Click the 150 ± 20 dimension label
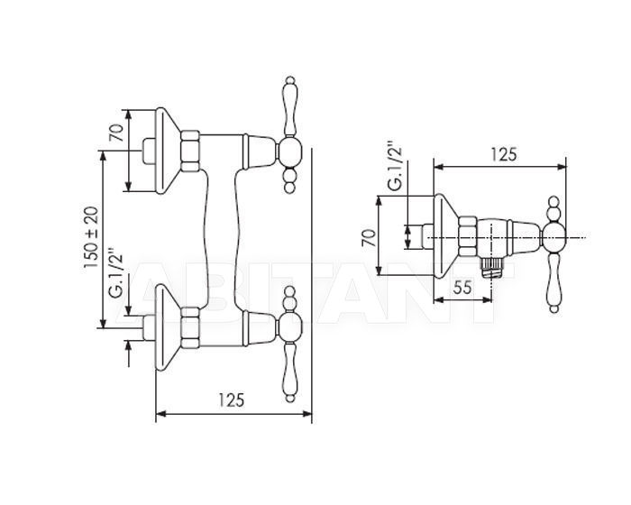click(91, 237)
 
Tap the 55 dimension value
click(462, 288)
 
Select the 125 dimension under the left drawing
click(232, 399)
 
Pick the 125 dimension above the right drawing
click(503, 154)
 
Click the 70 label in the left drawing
click(116, 133)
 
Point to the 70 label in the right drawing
click(369, 237)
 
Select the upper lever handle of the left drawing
click(289, 106)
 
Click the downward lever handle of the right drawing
click(554, 282)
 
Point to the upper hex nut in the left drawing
click(190, 151)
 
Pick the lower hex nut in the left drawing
click(190, 327)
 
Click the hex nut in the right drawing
click(468, 236)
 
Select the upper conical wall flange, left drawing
click(166, 151)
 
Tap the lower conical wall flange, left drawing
click(166, 327)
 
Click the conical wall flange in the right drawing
click(444, 236)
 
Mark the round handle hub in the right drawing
click(554, 237)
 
